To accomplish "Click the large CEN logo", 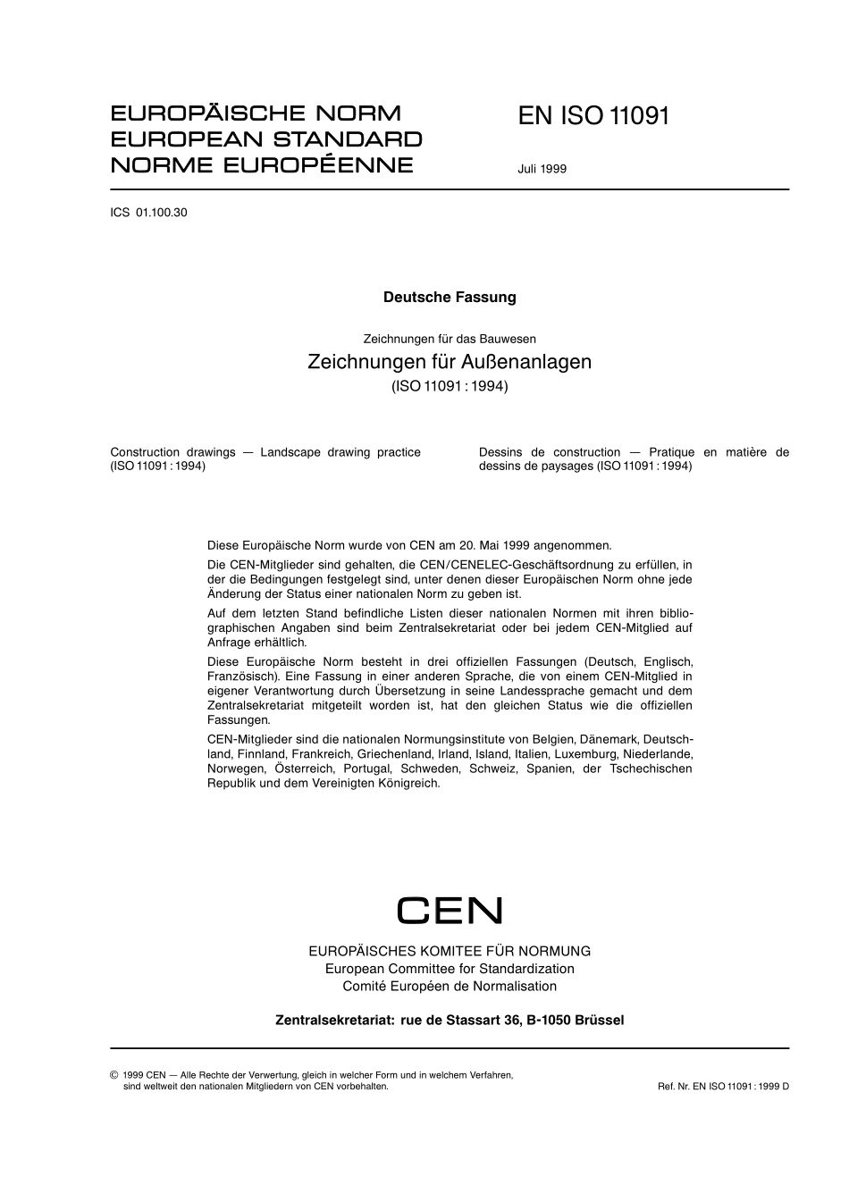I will click(x=450, y=911).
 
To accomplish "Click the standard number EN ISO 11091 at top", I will click(x=593, y=116).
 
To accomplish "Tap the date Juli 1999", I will click(x=542, y=168).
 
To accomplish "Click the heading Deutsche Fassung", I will click(x=450, y=298).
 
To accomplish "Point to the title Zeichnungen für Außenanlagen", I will click(x=450, y=362).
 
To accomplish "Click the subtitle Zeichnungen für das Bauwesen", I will click(x=450, y=339).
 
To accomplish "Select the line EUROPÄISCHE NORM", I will click(x=256, y=113).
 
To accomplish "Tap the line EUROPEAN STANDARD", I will click(x=266, y=139).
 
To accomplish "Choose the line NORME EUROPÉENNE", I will click(x=262, y=165).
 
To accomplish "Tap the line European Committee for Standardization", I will click(x=450, y=969).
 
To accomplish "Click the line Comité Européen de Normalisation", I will click(x=450, y=987).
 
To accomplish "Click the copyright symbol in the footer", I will click(x=113, y=1075).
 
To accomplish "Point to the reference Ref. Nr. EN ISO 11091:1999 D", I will click(x=723, y=1087).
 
